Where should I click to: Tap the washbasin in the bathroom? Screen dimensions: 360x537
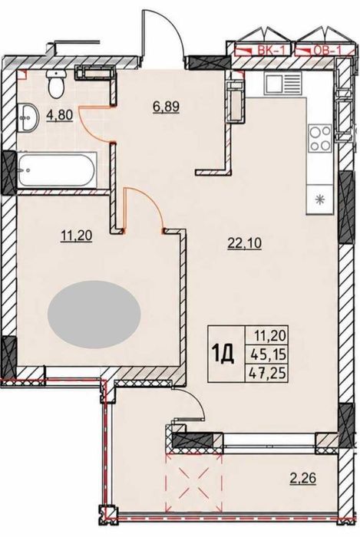click(28, 117)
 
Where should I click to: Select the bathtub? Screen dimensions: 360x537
click(57, 170)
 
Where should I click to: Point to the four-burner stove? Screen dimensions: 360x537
click(319, 138)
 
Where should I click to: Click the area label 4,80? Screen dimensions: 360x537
click(59, 115)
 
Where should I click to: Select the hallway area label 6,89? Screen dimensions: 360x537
click(166, 107)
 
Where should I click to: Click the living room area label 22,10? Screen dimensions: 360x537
click(245, 243)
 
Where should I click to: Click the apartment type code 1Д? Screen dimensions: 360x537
click(223, 354)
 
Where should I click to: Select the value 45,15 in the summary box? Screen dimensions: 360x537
click(269, 354)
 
